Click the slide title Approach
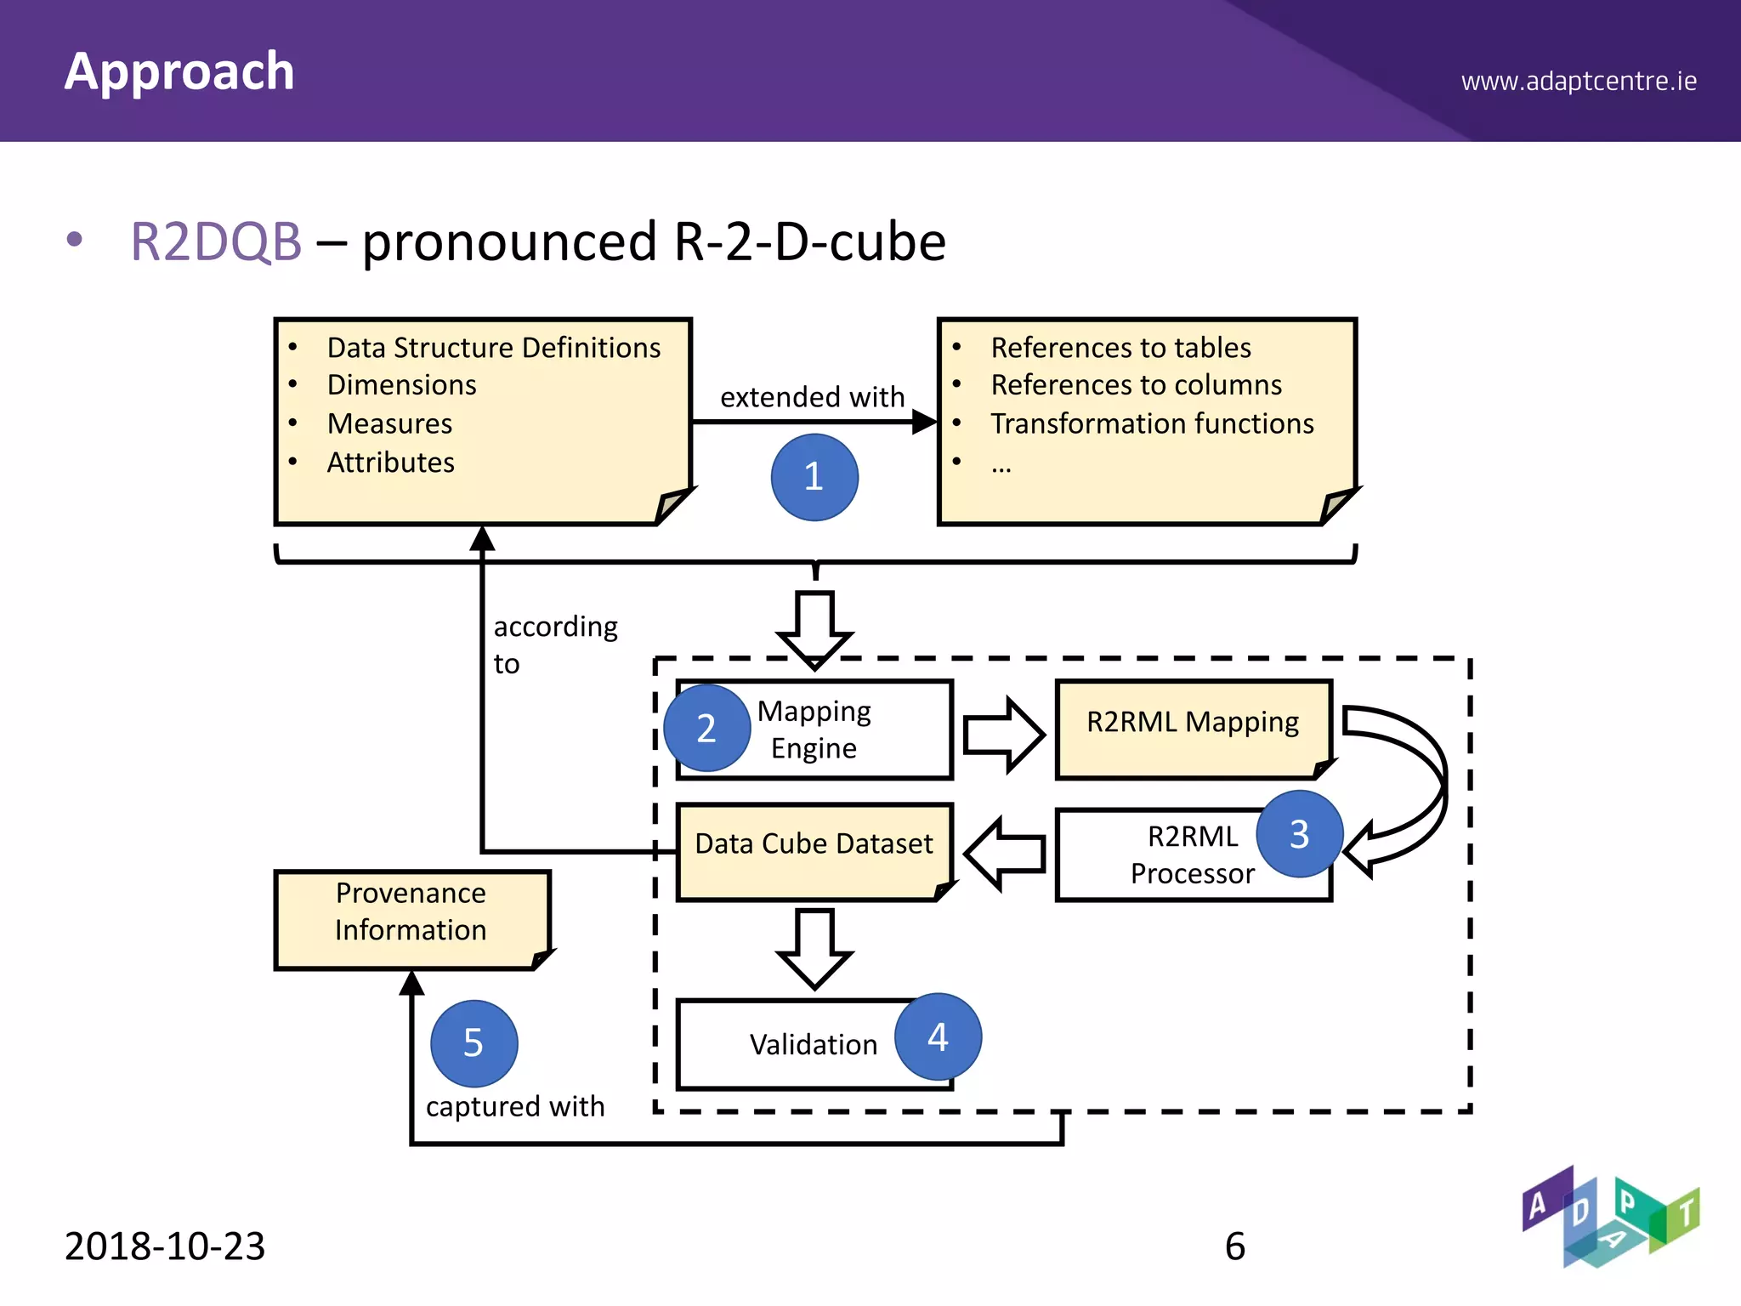(x=179, y=71)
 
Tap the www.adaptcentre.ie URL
(x=1579, y=82)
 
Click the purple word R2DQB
(x=216, y=241)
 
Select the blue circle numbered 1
(x=814, y=477)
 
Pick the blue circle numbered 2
(x=706, y=729)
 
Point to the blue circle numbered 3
(x=1299, y=834)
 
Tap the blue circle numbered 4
(x=938, y=1036)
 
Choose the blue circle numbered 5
(x=474, y=1043)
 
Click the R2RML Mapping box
(x=1192, y=728)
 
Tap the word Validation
(x=814, y=1045)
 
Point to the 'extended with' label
(x=812, y=397)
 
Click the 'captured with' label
(x=515, y=1106)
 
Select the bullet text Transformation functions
(x=1152, y=423)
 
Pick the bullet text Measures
(x=389, y=423)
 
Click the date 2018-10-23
(x=165, y=1246)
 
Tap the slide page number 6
(x=1234, y=1246)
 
